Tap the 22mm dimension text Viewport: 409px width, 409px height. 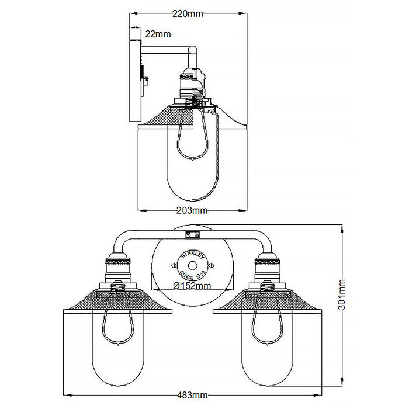[x=158, y=34]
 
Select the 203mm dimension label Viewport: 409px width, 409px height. [x=192, y=210]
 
